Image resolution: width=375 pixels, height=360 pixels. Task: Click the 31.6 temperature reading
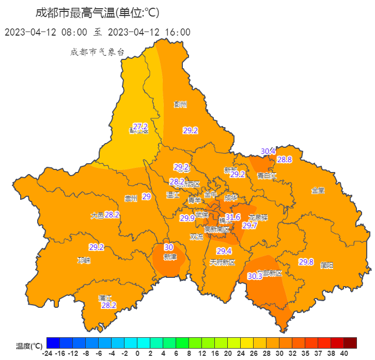coord(233,217)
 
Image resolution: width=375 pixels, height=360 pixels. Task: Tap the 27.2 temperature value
coord(140,127)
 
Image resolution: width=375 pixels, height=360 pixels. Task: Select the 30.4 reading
coord(268,151)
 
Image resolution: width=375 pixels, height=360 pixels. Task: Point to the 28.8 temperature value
coord(285,160)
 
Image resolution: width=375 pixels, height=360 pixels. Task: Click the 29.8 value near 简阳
coord(306,262)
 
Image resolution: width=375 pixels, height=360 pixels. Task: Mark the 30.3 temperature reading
coord(255,276)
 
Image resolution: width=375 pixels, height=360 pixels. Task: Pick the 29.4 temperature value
coord(224,252)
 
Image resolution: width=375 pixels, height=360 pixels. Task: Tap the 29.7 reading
coord(249,225)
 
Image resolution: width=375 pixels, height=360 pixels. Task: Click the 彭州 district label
coord(180,104)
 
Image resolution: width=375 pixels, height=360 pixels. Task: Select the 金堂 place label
coord(318,190)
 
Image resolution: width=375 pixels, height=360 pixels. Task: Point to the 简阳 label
coord(326,265)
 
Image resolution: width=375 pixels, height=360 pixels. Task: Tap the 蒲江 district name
coord(105,298)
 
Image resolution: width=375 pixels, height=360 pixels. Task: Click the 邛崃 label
coord(84,260)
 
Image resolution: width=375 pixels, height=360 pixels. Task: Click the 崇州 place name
coord(131,198)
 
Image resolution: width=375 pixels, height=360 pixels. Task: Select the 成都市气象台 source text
coord(98,52)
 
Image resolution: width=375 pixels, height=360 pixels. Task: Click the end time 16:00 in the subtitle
coord(177,32)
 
